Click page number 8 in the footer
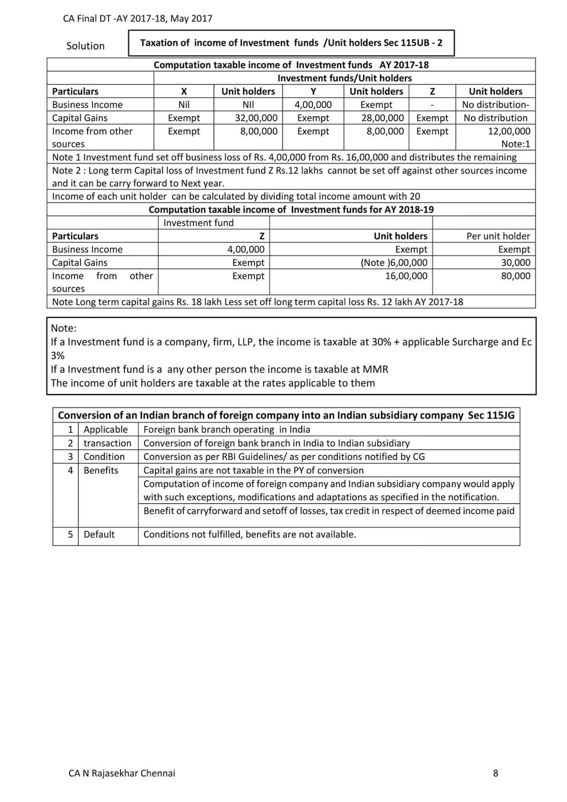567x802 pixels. point(495,773)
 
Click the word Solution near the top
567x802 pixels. point(85,46)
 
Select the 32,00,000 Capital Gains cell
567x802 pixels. point(256,118)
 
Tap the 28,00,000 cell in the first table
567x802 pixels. point(383,118)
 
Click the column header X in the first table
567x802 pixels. point(184,91)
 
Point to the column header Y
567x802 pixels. point(313,91)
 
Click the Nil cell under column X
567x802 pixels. point(184,104)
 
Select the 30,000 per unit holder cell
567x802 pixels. point(515,262)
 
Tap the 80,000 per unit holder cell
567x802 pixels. point(515,276)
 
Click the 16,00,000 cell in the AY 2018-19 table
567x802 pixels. point(406,276)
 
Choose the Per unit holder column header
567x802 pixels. point(498,236)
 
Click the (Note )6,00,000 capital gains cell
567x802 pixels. point(394,262)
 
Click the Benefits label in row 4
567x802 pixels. point(101,470)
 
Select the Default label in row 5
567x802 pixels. point(99,534)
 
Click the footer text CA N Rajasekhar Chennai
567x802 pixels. point(122,773)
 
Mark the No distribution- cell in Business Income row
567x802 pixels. point(495,104)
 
